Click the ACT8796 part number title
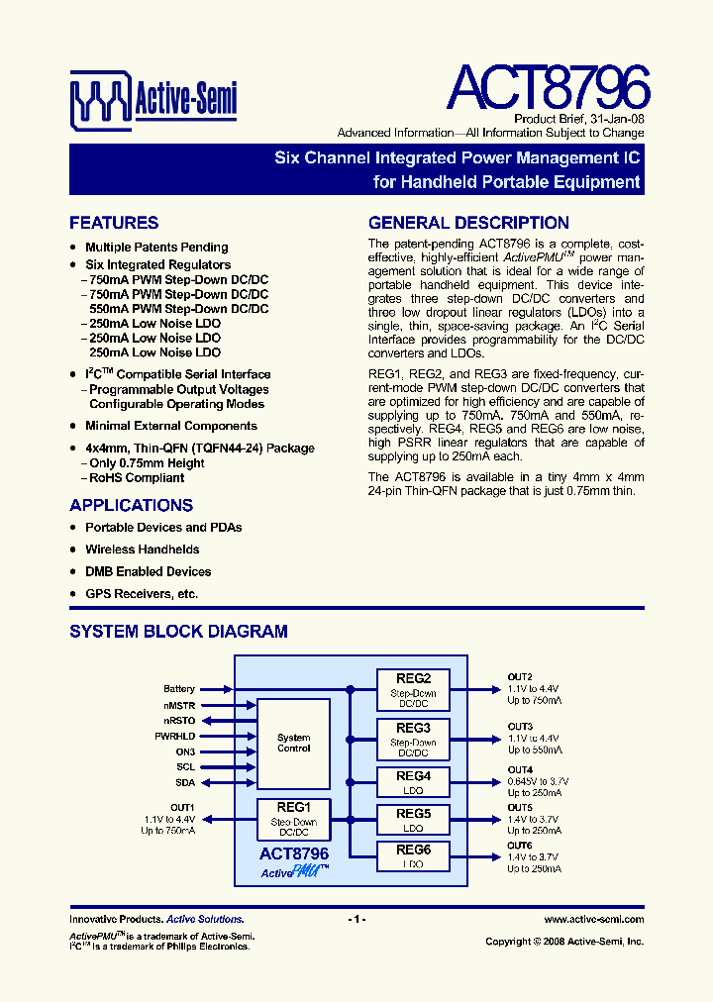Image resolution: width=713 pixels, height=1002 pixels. (x=548, y=88)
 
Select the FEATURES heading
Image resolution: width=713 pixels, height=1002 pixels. (x=114, y=223)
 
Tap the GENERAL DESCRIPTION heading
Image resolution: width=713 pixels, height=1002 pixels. (x=468, y=223)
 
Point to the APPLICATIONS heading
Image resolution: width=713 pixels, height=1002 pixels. (x=131, y=505)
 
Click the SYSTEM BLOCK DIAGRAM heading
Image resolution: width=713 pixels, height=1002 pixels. (x=178, y=631)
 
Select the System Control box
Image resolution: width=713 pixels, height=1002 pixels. (x=293, y=744)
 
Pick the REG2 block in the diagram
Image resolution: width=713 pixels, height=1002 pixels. (x=413, y=689)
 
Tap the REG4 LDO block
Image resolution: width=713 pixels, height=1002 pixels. (x=413, y=782)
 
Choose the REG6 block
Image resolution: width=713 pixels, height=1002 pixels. (x=413, y=856)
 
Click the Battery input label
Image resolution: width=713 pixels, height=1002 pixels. (x=179, y=689)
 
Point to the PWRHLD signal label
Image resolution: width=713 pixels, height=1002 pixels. (x=176, y=737)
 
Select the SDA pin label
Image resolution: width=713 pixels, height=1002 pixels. (x=185, y=783)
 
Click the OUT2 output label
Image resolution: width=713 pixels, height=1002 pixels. (x=520, y=676)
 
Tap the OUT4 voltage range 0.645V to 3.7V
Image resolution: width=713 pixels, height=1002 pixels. (x=538, y=781)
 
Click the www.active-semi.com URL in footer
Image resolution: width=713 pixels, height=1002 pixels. (x=593, y=920)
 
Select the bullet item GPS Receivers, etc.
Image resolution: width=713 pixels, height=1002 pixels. (x=142, y=594)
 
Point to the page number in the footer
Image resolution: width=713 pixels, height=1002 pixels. (x=356, y=920)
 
